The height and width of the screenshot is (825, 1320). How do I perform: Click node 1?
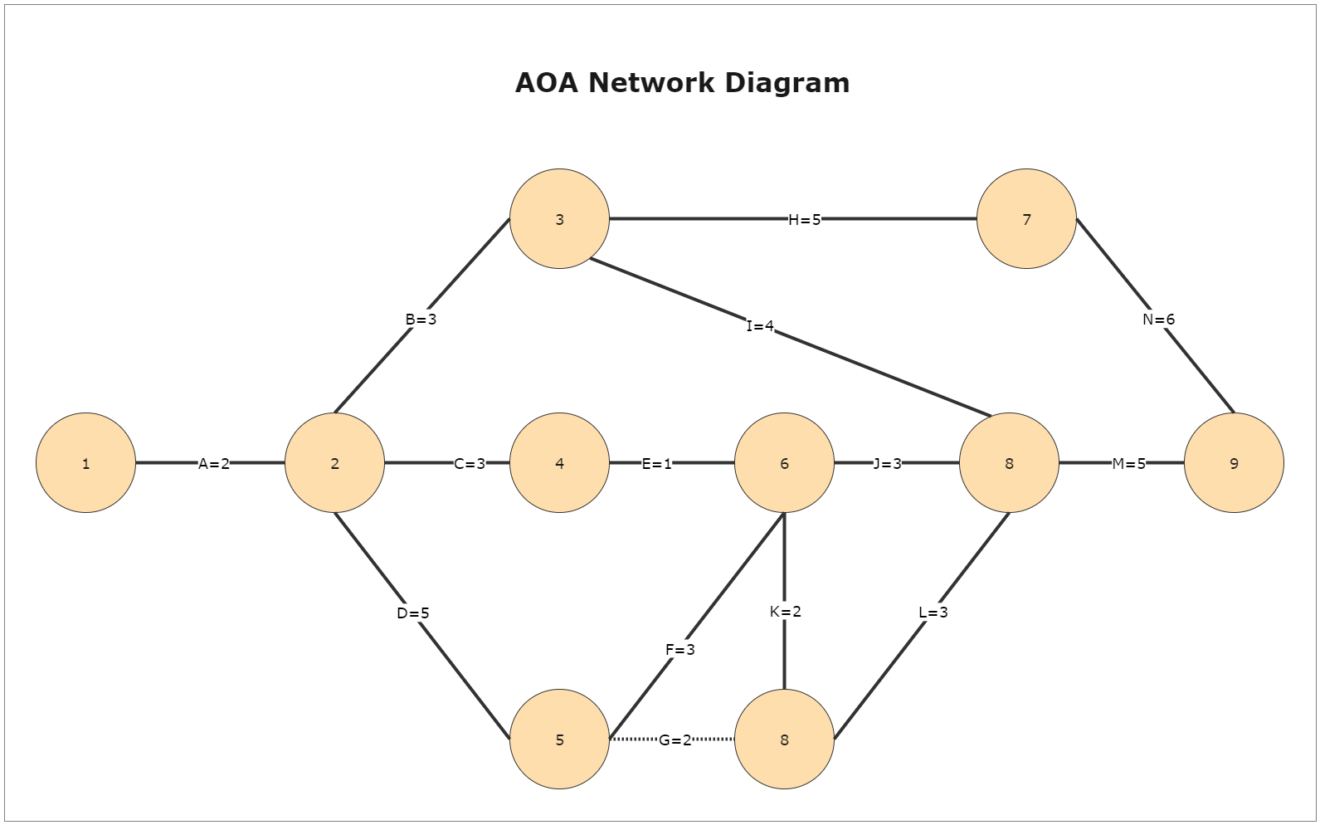85,463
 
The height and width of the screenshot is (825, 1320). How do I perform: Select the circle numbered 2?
334,463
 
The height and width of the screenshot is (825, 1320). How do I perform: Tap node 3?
559,219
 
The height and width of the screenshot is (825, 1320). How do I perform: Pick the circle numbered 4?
559,463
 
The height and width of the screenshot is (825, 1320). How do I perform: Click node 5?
559,740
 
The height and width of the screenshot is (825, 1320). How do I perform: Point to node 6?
784,463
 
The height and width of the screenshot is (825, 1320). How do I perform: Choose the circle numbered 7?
1026,219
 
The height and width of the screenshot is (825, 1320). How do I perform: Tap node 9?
1234,463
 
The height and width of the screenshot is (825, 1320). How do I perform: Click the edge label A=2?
214,464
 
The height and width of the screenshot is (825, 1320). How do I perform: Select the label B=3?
421,320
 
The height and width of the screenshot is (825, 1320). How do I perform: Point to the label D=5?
413,613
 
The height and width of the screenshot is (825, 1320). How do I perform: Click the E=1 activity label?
657,464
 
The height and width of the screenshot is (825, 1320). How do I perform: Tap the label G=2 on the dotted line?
675,740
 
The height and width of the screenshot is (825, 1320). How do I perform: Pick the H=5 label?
804,220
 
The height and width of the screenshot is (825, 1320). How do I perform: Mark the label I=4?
760,326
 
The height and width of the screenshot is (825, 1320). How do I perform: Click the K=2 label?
785,612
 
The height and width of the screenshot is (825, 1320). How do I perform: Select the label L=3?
933,613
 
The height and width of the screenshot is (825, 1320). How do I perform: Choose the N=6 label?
1158,320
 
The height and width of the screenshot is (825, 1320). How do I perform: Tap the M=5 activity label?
1128,464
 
